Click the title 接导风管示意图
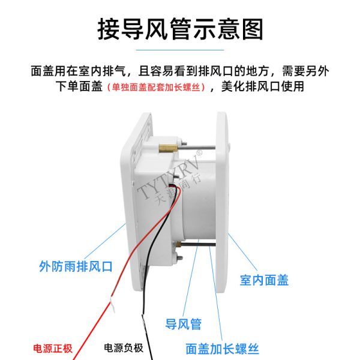180,29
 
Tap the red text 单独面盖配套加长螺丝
156,87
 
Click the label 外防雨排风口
76,266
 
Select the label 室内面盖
264,280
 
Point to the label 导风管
184,324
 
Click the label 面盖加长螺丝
222,349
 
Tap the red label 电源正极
53,348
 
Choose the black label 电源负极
124,348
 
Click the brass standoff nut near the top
168,148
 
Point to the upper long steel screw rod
197,148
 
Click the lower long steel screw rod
198,244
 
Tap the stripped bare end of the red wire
113,304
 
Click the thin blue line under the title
180,50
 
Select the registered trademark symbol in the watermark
200,152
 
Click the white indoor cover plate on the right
221,203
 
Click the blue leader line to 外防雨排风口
106,241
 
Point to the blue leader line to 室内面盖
242,252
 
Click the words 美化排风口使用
263,87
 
